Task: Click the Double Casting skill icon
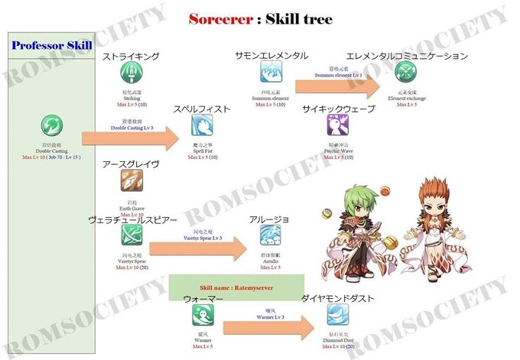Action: [x=53, y=125]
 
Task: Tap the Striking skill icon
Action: [x=132, y=73]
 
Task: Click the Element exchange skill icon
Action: [x=406, y=73]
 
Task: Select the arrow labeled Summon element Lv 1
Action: [x=336, y=86]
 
